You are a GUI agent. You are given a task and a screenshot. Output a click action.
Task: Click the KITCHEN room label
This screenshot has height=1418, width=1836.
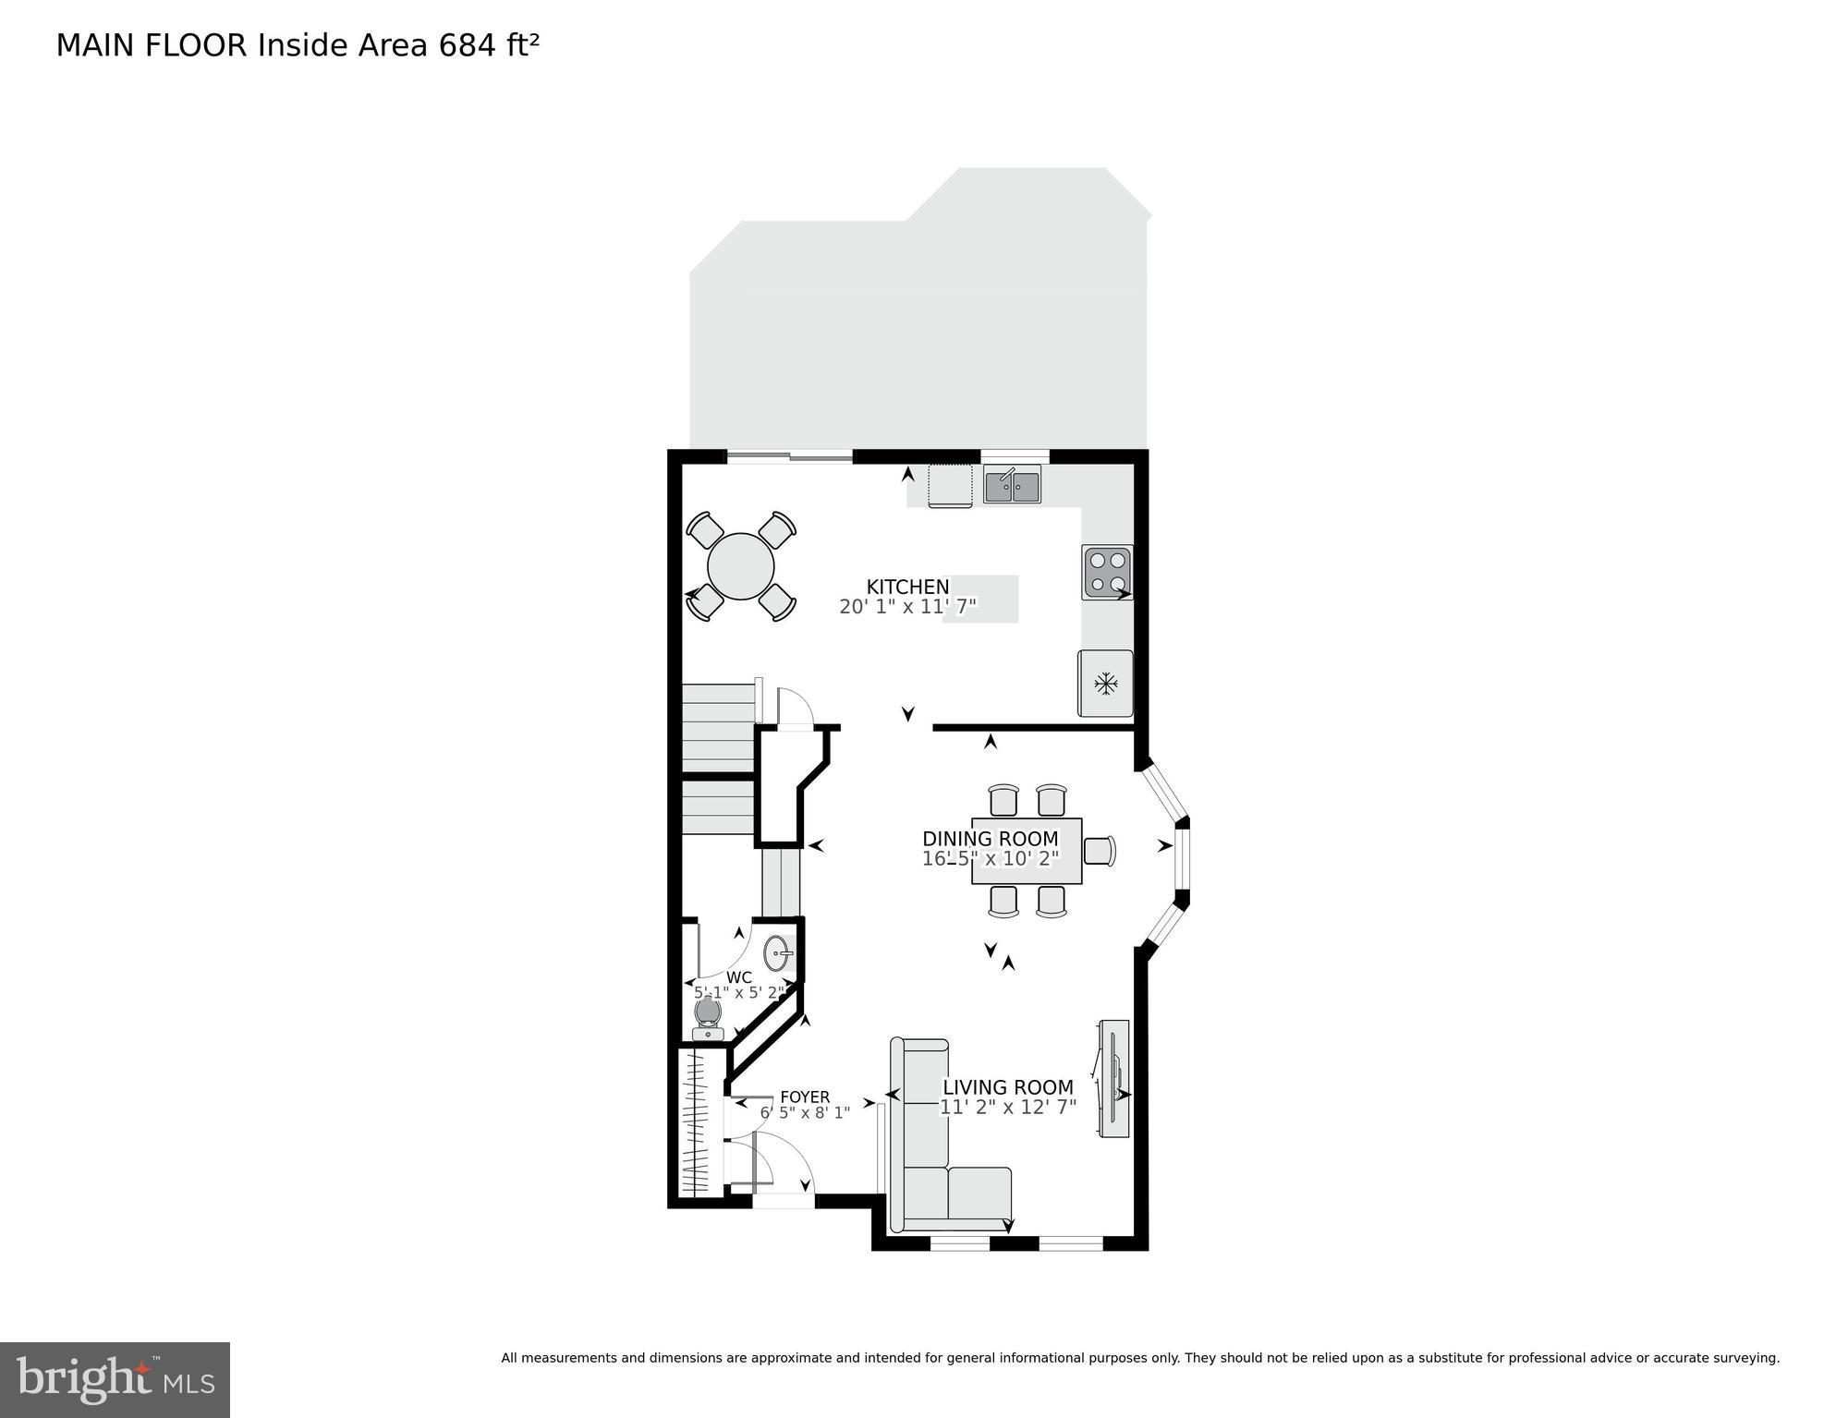907,587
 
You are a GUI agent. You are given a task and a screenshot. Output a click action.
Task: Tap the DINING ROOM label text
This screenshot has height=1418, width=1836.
990,839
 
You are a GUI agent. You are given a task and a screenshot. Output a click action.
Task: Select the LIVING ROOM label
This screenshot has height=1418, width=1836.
1007,1087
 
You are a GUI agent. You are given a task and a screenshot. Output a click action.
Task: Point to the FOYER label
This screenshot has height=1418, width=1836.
804,1097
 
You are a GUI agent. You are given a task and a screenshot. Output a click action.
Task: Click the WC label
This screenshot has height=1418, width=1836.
738,977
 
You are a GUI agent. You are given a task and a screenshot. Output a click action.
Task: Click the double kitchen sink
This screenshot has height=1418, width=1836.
1012,486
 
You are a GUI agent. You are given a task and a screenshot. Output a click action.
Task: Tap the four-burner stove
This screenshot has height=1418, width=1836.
1107,571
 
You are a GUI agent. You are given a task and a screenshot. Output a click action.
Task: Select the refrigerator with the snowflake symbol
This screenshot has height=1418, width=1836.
1105,684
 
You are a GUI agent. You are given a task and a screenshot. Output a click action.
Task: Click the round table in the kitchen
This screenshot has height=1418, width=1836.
740,566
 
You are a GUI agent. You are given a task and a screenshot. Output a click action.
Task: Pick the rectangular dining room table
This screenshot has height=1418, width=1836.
1026,851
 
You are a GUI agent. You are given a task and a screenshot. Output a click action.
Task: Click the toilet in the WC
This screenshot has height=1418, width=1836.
707,1017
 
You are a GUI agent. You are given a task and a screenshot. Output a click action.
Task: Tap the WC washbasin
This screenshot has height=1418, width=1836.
777,952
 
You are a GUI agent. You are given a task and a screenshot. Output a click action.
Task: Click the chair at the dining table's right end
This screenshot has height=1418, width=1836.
1099,850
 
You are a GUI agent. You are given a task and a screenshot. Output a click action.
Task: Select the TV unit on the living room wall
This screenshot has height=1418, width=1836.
1113,1078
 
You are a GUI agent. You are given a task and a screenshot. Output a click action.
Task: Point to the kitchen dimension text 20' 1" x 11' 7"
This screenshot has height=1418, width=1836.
907,607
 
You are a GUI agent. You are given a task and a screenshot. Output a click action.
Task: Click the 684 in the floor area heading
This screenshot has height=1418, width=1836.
468,45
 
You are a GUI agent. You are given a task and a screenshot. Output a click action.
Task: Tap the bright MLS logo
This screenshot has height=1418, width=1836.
115,1379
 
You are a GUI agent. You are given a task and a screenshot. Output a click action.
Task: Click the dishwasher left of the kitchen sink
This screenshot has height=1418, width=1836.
950,485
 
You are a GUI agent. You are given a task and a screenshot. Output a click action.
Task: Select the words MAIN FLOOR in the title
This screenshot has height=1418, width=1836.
151,45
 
